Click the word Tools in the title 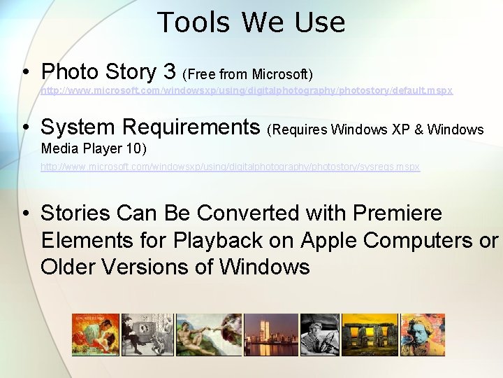[x=195, y=22]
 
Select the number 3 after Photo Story [x=168, y=71]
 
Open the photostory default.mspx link [x=247, y=91]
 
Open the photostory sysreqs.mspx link [x=230, y=167]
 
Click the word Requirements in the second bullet [x=191, y=127]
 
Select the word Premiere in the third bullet [x=398, y=213]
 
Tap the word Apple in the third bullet [x=329, y=240]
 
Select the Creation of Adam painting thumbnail [x=209, y=335]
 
